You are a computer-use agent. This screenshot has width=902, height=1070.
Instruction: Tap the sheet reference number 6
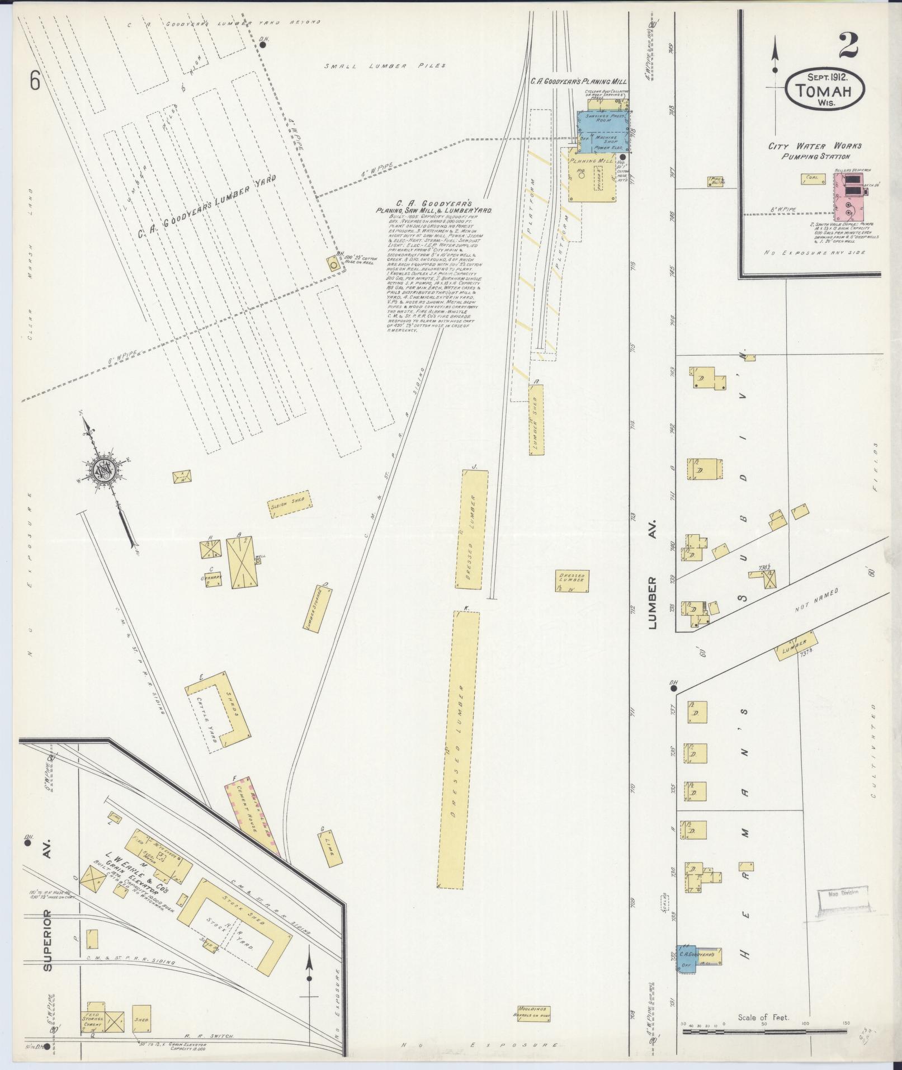35,82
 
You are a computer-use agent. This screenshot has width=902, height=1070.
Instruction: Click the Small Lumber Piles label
385,66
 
